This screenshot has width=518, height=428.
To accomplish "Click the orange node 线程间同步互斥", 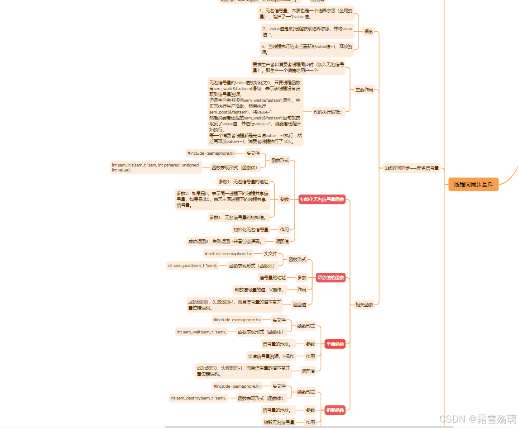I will pos(473,185).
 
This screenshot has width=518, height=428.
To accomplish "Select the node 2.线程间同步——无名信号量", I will pos(412,168).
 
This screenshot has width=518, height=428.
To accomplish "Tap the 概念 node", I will pos(369,32).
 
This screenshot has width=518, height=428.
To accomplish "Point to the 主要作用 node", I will pos(364,90).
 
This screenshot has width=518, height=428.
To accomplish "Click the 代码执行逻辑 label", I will pos(329,111).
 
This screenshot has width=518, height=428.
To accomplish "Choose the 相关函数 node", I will pos(364,305).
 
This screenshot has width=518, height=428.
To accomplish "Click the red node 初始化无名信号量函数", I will pos(322,200).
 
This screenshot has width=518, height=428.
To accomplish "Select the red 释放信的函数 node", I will pos(331,278).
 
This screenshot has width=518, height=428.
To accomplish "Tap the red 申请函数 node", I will pos(335,344).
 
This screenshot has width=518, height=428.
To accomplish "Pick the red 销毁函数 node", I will pos(335,410).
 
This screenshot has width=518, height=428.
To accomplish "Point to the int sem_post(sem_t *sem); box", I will pos(192,266).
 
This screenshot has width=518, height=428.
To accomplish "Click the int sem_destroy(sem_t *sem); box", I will pos(198,398).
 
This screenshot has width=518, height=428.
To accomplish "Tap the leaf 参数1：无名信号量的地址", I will pos(243,182).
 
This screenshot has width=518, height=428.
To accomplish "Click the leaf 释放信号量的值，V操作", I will pos(259,290).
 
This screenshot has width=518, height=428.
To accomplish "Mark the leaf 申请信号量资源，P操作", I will pos(271,356).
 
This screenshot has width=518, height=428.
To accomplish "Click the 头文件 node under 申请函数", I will pos(279,320).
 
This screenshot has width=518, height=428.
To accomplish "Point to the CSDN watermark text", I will pos(478,418).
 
